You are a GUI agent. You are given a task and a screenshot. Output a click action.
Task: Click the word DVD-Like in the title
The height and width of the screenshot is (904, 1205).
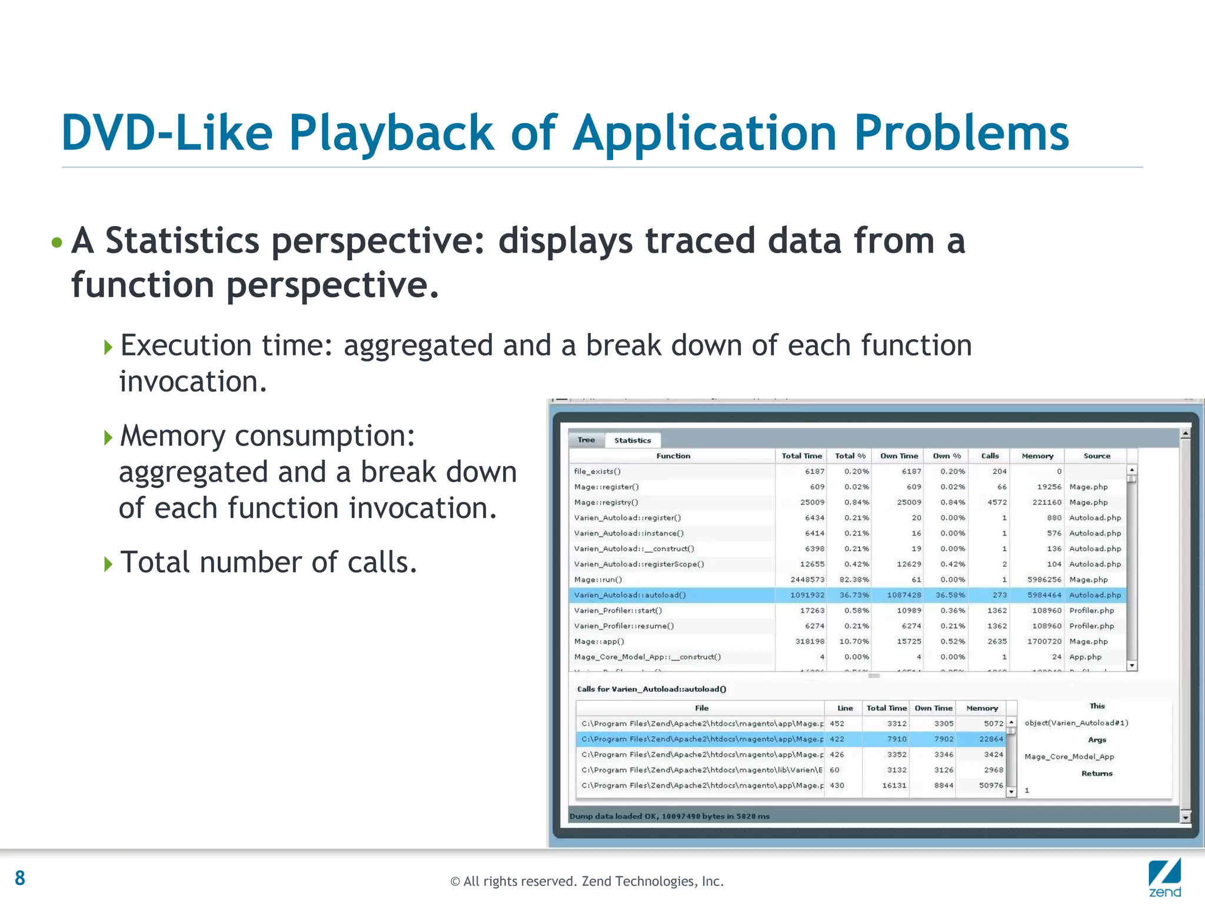click(167, 133)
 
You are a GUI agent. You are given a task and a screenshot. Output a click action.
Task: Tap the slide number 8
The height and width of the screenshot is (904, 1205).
click(20, 878)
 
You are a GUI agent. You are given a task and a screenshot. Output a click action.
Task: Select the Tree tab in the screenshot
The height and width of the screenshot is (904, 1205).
click(586, 440)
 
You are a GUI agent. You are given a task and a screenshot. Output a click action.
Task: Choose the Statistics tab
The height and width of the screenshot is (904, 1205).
click(633, 440)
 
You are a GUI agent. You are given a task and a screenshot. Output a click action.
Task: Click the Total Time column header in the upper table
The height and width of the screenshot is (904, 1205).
click(801, 456)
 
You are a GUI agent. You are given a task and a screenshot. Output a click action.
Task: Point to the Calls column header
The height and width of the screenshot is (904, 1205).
click(990, 456)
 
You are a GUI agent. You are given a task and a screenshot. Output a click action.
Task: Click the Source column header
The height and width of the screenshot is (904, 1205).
click(1097, 456)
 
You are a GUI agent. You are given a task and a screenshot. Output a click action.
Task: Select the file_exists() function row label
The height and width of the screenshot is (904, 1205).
click(597, 471)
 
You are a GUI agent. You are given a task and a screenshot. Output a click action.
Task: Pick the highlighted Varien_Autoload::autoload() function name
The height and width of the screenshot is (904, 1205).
click(630, 595)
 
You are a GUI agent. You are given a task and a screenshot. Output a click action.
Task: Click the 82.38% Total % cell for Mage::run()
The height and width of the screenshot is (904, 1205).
click(854, 580)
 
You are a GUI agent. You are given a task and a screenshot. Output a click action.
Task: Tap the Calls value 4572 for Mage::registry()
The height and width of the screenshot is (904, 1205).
click(997, 502)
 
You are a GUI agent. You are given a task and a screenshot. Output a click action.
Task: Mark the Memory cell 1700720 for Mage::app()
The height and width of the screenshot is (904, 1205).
click(1044, 642)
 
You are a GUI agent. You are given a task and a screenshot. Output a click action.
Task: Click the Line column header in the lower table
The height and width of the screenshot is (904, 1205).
click(845, 708)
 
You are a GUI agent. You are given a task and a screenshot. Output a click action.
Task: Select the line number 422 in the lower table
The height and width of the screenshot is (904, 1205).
click(837, 739)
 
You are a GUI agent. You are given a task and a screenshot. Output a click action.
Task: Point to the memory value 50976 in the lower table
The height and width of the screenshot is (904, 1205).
click(991, 785)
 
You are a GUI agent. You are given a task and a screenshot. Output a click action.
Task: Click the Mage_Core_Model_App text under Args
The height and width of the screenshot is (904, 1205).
click(1069, 757)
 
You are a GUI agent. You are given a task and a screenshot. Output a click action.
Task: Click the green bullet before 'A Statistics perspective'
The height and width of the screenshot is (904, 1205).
click(57, 242)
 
